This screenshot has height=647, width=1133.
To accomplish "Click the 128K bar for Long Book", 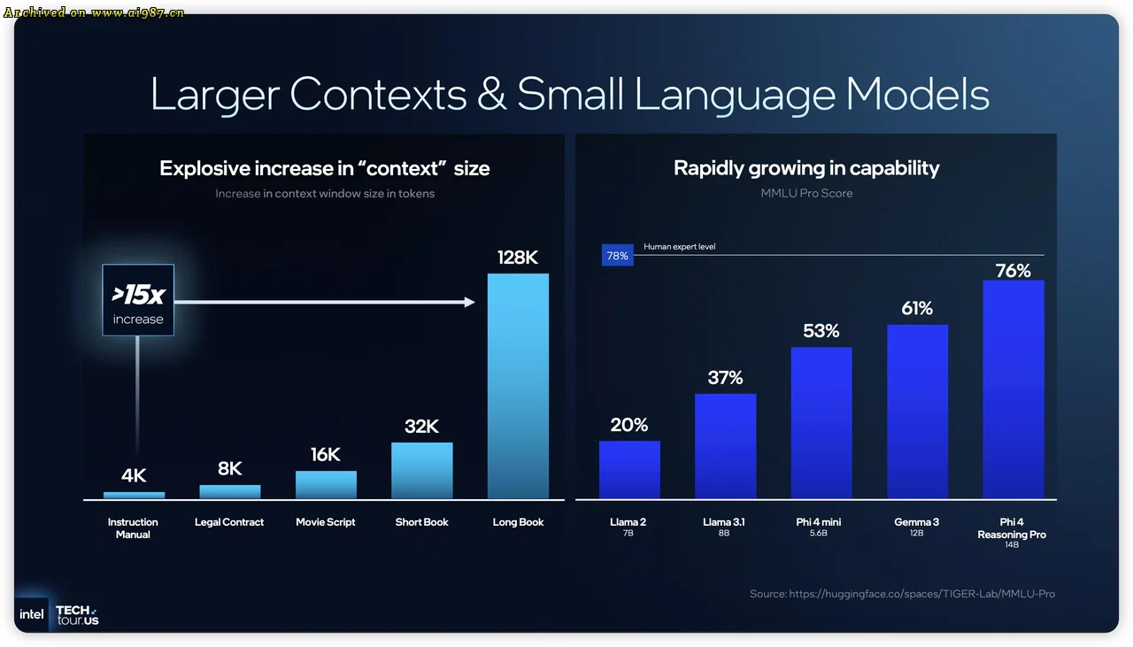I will pyautogui.click(x=518, y=386).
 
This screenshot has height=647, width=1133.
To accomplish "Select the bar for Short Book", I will pyautogui.click(x=422, y=471).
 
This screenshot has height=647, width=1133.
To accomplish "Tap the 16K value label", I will pyautogui.click(x=326, y=455).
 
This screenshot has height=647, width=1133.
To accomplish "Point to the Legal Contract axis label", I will pyautogui.click(x=229, y=522).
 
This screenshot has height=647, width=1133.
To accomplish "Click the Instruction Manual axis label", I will pyautogui.click(x=133, y=528).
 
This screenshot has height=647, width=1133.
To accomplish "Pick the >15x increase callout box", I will pyautogui.click(x=138, y=300).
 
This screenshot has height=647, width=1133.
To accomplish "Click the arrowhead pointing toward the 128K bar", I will pyautogui.click(x=470, y=303).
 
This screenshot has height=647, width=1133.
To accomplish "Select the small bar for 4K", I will pyautogui.click(x=134, y=496).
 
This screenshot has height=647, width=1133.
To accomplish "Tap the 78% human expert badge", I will pyautogui.click(x=617, y=256).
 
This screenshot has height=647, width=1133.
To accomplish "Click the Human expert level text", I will pyautogui.click(x=679, y=247).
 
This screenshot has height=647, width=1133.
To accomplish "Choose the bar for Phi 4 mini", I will pyautogui.click(x=821, y=423).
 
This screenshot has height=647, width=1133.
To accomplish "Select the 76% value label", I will pyautogui.click(x=1013, y=271).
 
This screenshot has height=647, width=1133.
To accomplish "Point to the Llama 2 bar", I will pyautogui.click(x=629, y=470).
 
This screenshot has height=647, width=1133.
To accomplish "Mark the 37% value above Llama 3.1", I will pyautogui.click(x=725, y=378).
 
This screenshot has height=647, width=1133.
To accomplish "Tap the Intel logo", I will pyautogui.click(x=32, y=614).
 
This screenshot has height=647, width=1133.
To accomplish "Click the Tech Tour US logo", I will pyautogui.click(x=77, y=615).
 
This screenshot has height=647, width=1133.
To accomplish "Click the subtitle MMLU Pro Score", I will pyautogui.click(x=806, y=193).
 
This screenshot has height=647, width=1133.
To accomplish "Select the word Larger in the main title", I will pyautogui.click(x=216, y=95).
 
